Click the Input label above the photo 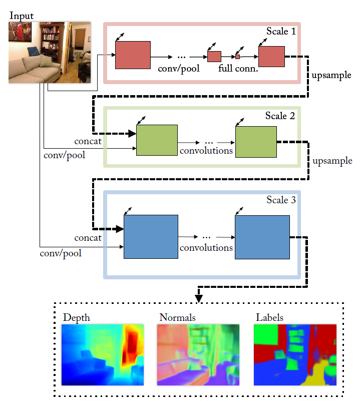(x=22, y=16)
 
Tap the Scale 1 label (x=281, y=32)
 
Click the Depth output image (x=103, y=354)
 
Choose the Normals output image (x=198, y=354)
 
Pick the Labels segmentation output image (x=294, y=354)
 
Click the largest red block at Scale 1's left (x=133, y=55)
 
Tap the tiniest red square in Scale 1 (x=238, y=57)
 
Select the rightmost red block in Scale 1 (x=271, y=56)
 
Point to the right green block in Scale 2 (x=256, y=142)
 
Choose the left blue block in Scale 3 (x=151, y=236)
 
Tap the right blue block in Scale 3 (x=262, y=237)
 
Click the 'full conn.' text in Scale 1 (x=238, y=69)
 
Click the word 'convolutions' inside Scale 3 (x=206, y=247)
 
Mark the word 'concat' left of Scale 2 (x=88, y=142)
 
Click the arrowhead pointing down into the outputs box (x=198, y=299)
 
